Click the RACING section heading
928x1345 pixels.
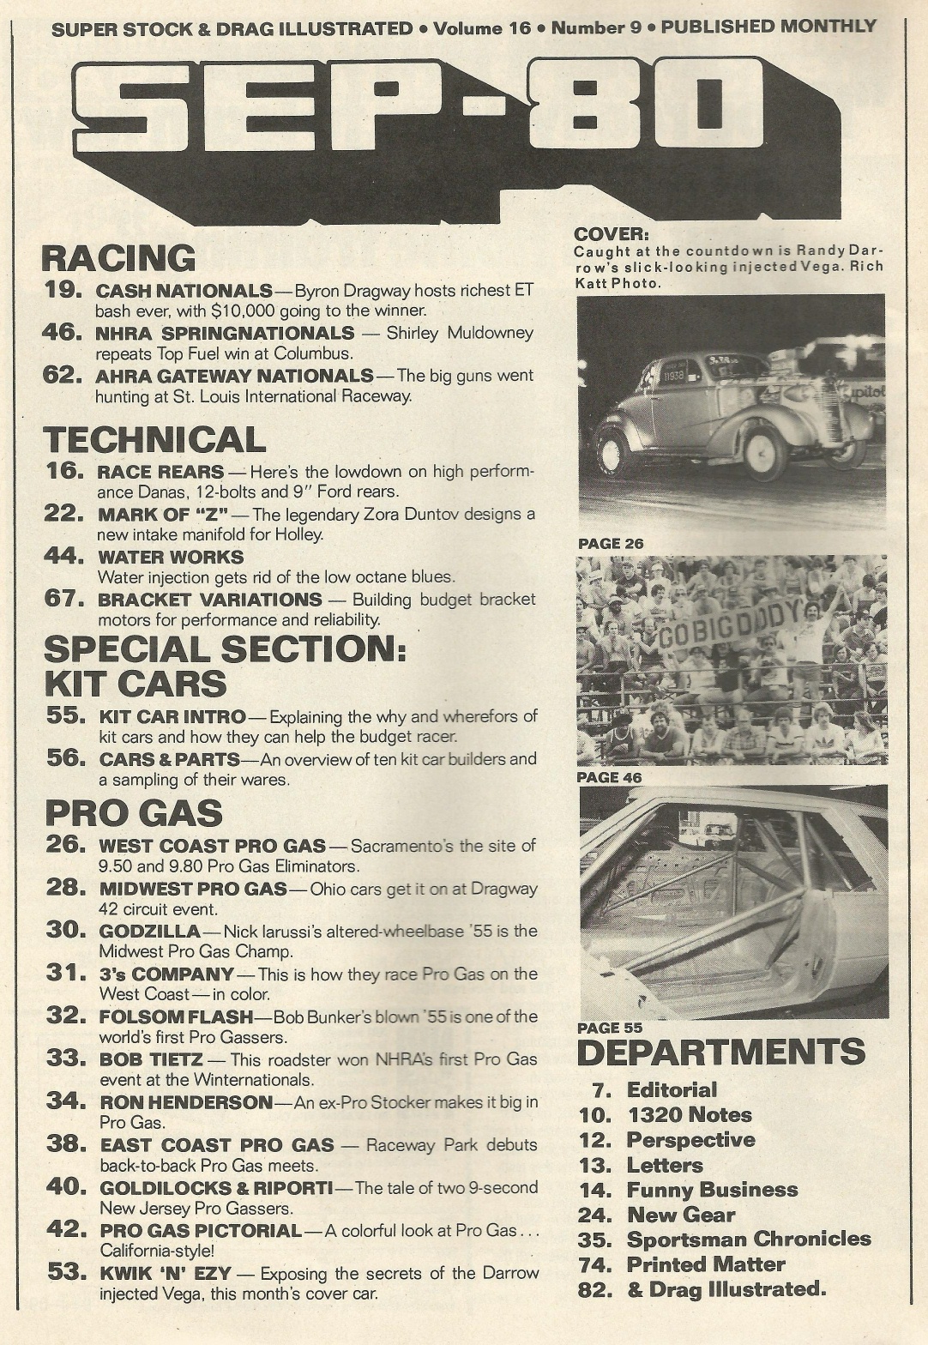click(118, 258)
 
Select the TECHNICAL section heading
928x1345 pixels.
click(154, 439)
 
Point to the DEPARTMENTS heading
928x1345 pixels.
click(720, 1052)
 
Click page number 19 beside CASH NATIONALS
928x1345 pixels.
click(63, 290)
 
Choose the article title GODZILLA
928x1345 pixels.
click(149, 931)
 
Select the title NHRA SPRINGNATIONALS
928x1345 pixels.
click(225, 333)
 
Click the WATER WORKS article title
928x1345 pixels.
click(171, 558)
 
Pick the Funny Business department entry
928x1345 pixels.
click(712, 1190)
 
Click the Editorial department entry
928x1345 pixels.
click(672, 1090)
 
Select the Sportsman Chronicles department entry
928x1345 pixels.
click(748, 1239)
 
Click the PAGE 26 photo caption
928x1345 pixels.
click(611, 544)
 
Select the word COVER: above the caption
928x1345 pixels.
click(612, 234)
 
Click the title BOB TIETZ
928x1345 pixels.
click(151, 1059)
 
